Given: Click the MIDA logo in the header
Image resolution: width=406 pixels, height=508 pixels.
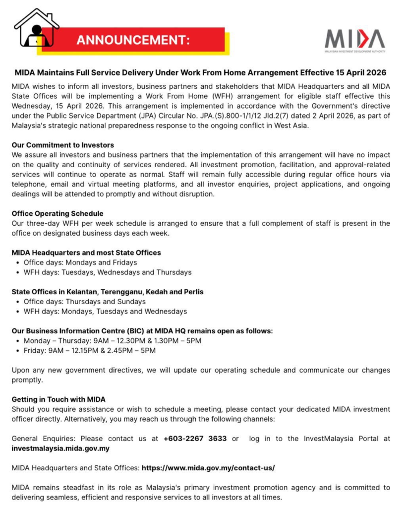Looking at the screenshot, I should click(354, 39).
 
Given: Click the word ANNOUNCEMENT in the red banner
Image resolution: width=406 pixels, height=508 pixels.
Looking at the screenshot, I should click(133, 40).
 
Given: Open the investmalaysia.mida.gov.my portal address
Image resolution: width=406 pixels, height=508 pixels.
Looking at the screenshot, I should click(60, 448).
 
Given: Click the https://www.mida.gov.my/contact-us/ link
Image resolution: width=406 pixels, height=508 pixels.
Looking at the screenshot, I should click(208, 468).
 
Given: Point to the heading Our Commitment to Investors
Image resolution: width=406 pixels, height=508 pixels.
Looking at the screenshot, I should click(62, 145).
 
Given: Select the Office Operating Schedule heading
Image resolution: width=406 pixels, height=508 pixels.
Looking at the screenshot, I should click(57, 214).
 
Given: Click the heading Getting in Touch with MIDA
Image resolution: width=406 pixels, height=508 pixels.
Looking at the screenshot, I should click(58, 399).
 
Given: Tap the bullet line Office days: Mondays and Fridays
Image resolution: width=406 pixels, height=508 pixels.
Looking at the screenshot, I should click(80, 262).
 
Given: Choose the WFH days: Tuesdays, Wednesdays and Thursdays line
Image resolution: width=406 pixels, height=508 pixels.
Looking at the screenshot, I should click(107, 272).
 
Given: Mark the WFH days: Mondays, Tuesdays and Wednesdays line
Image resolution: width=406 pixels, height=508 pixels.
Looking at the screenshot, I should click(105, 312).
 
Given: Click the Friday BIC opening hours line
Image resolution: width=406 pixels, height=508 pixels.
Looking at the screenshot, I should click(89, 351).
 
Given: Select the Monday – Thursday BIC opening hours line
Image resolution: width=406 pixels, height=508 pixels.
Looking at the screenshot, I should click(112, 341).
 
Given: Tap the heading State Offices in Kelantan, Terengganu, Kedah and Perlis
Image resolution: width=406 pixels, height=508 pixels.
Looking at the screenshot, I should click(107, 292).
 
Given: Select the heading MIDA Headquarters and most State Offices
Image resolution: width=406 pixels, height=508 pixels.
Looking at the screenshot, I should click(86, 253).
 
